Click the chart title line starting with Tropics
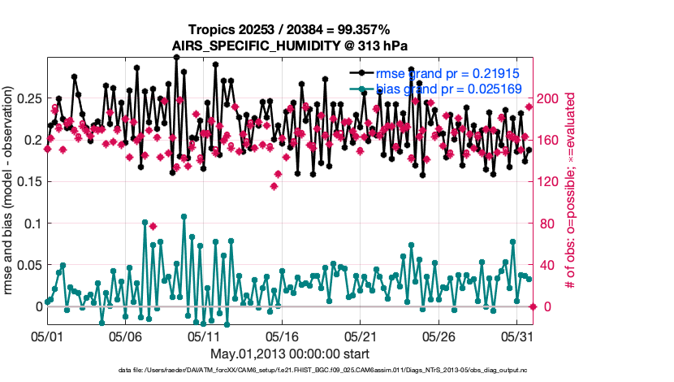pyautogui.click(x=290, y=30)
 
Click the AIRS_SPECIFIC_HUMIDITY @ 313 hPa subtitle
pyautogui.click(x=290, y=46)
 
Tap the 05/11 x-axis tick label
pyautogui.click(x=204, y=335)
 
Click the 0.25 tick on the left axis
pyautogui.click(x=31, y=98)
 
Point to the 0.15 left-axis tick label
pyautogui.click(x=31, y=181)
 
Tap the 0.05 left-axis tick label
pyautogui.click(x=31, y=265)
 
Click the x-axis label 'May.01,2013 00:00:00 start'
pyautogui.click(x=290, y=354)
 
